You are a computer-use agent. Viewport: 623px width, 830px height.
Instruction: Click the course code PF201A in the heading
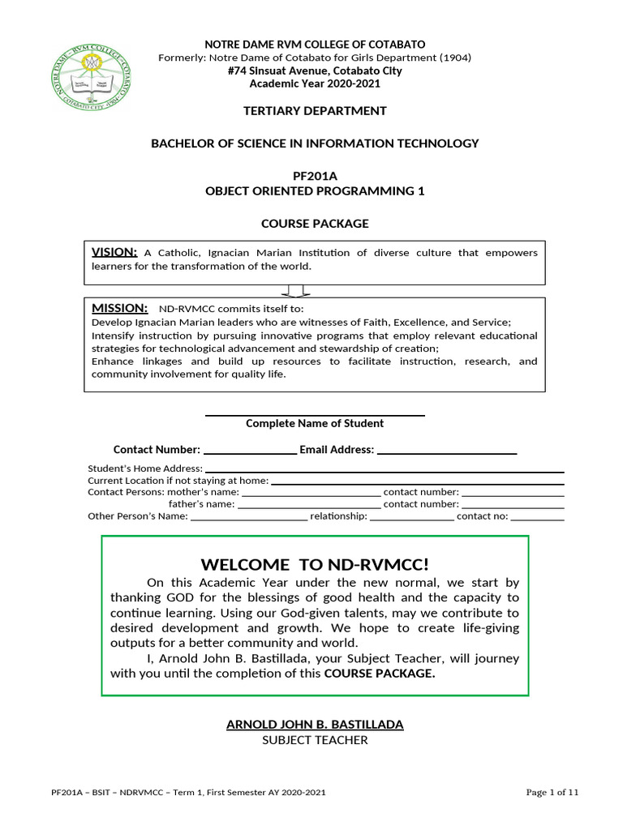click(315, 176)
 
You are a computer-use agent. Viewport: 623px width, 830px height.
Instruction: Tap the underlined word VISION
click(114, 252)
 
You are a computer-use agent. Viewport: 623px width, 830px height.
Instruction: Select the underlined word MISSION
click(119, 308)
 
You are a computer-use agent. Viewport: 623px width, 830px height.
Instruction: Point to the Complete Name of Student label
click(315, 423)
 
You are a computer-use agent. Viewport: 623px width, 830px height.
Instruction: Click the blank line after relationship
click(411, 518)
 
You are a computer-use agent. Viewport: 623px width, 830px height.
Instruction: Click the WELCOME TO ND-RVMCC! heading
click(315, 564)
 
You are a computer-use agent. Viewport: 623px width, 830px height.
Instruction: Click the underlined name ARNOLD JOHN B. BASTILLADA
click(315, 724)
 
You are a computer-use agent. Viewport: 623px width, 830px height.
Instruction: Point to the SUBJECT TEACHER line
click(315, 740)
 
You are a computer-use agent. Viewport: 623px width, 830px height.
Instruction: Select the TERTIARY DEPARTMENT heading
click(315, 110)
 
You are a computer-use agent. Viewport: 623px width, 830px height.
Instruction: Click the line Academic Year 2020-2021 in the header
click(315, 83)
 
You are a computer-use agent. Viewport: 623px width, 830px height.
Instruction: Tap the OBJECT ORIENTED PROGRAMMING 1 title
click(315, 191)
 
